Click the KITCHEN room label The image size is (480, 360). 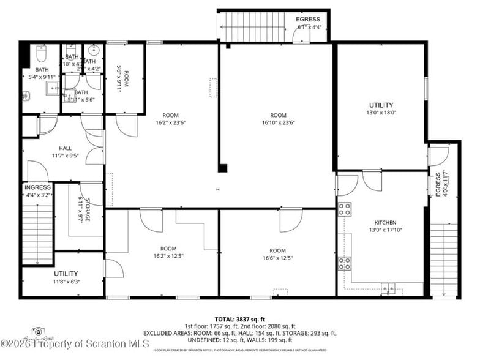tap(385, 222)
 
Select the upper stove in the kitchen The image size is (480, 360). tap(345, 208)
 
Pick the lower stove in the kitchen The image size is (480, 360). tap(345, 263)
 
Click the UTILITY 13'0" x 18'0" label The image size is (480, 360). tap(381, 105)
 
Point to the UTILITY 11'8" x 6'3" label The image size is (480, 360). tap(66, 273)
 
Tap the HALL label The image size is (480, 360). tap(66, 148)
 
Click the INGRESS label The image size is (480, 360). tap(37, 187)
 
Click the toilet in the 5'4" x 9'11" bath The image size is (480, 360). tap(41, 55)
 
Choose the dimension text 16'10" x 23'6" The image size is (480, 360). tap(278, 122)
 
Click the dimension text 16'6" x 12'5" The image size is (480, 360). tap(277, 258)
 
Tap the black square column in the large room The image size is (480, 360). tap(223, 168)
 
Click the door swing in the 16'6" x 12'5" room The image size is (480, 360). tap(290, 220)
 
